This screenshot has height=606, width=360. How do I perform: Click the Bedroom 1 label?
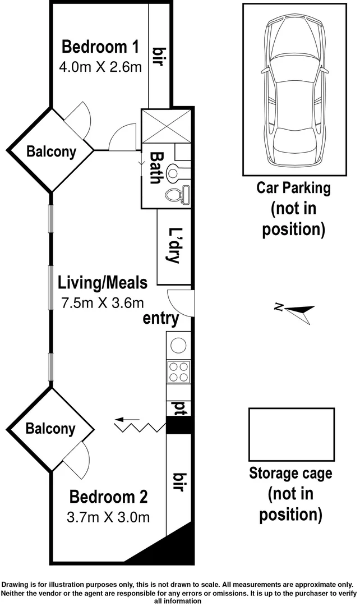pos(100,45)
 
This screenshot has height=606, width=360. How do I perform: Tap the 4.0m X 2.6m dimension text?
pos(100,67)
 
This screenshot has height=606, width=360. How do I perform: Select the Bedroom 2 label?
pos(108,497)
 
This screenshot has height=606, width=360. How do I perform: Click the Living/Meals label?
pos(103,283)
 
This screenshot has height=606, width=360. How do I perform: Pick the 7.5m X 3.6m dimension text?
pos(102,302)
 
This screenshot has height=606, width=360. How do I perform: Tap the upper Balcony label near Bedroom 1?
pos(51,151)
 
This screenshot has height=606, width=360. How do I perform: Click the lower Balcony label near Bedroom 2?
pos(50,429)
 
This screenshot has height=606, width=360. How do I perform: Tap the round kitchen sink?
pos(179,344)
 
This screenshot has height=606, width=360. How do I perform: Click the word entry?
pos(161,319)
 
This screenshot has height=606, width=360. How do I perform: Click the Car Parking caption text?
pos(293,188)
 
